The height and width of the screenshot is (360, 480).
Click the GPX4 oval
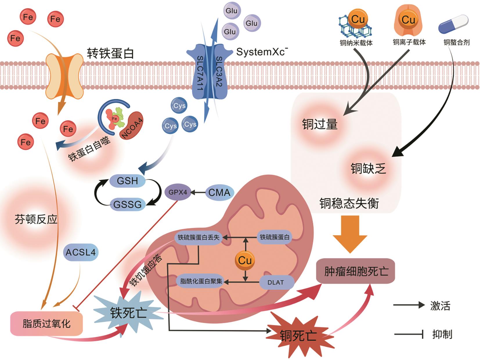coord(178,192)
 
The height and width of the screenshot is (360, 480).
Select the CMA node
coord(219,192)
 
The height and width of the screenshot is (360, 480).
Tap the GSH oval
coord(127,181)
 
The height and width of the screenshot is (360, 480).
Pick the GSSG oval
coord(127,204)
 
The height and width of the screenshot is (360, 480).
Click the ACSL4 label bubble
coord(80,252)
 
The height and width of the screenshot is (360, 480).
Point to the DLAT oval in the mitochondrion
coord(275,282)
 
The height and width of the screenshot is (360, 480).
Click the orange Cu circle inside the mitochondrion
coord(245,260)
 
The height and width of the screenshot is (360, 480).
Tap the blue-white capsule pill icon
coord(453,24)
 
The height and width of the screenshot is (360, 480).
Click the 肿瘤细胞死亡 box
coord(356,271)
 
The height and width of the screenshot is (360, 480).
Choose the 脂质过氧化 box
coord(46,324)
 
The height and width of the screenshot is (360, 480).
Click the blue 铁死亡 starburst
coord(128,313)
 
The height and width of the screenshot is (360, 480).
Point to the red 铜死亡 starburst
coord(298,336)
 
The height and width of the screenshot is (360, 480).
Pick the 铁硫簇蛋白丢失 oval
coord(199,237)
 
